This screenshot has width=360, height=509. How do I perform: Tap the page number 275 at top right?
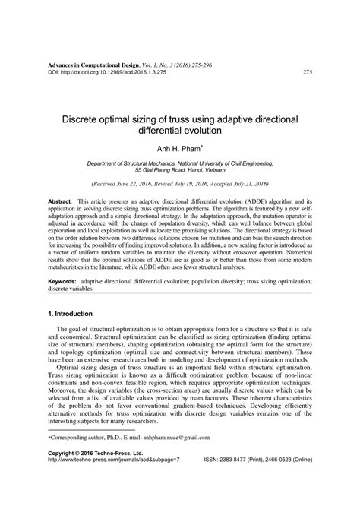(x=308, y=73)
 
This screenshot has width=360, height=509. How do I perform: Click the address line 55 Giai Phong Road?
(x=181, y=171)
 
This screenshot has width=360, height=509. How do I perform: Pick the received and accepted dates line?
(x=180, y=185)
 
